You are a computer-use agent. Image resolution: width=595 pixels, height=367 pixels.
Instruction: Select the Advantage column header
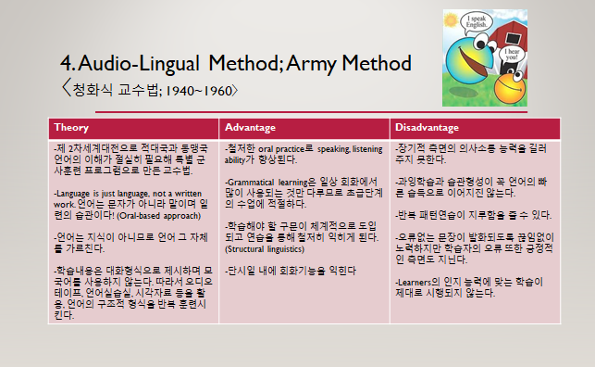(250, 126)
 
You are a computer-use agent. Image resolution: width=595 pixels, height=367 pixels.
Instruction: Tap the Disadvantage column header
(427, 126)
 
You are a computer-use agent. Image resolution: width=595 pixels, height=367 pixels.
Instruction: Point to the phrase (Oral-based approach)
(167, 215)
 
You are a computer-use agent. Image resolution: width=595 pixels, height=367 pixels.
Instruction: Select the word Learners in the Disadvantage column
(415, 280)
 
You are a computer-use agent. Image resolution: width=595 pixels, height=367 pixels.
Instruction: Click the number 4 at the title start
(66, 65)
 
